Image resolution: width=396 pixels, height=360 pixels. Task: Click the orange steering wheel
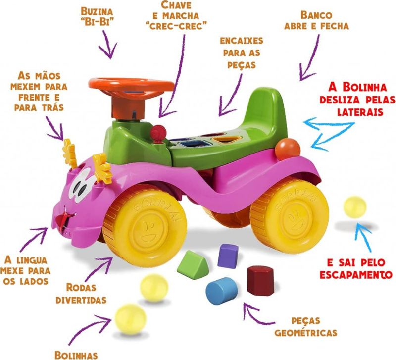[x=131, y=87]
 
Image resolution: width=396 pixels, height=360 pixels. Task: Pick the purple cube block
[x=228, y=256]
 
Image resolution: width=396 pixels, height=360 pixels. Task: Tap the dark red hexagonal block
[x=261, y=280]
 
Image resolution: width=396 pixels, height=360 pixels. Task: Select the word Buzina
[x=97, y=11]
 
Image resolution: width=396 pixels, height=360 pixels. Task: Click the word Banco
[x=316, y=15]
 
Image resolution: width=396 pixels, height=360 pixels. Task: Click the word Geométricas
[x=306, y=332]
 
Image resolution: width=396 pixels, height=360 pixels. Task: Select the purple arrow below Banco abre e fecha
[x=308, y=57]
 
